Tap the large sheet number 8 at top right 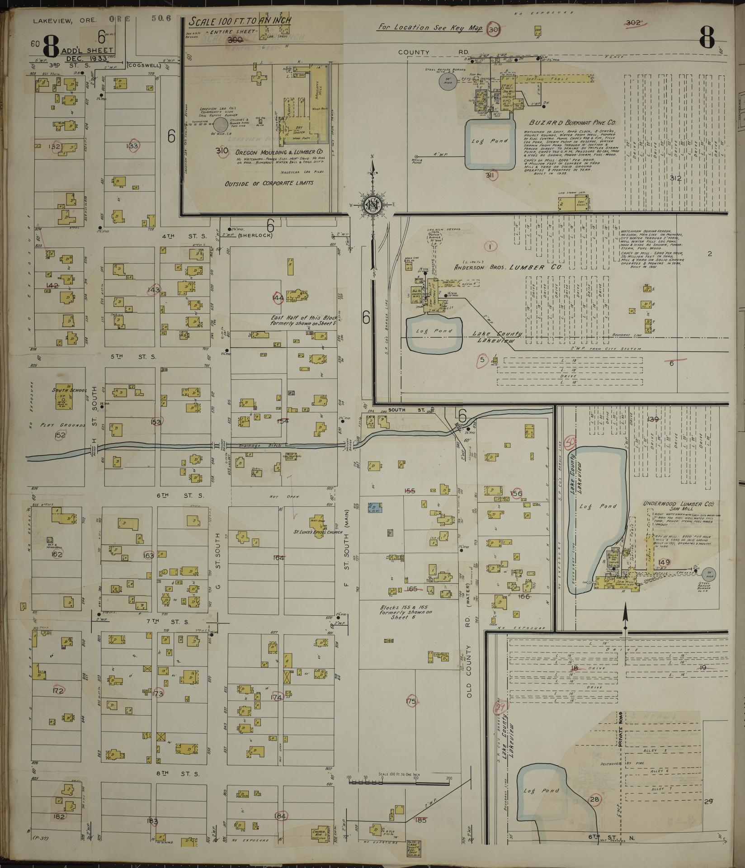click(707, 37)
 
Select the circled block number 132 click(56, 147)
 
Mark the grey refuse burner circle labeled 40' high click(221, 125)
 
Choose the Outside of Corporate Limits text click(269, 184)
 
